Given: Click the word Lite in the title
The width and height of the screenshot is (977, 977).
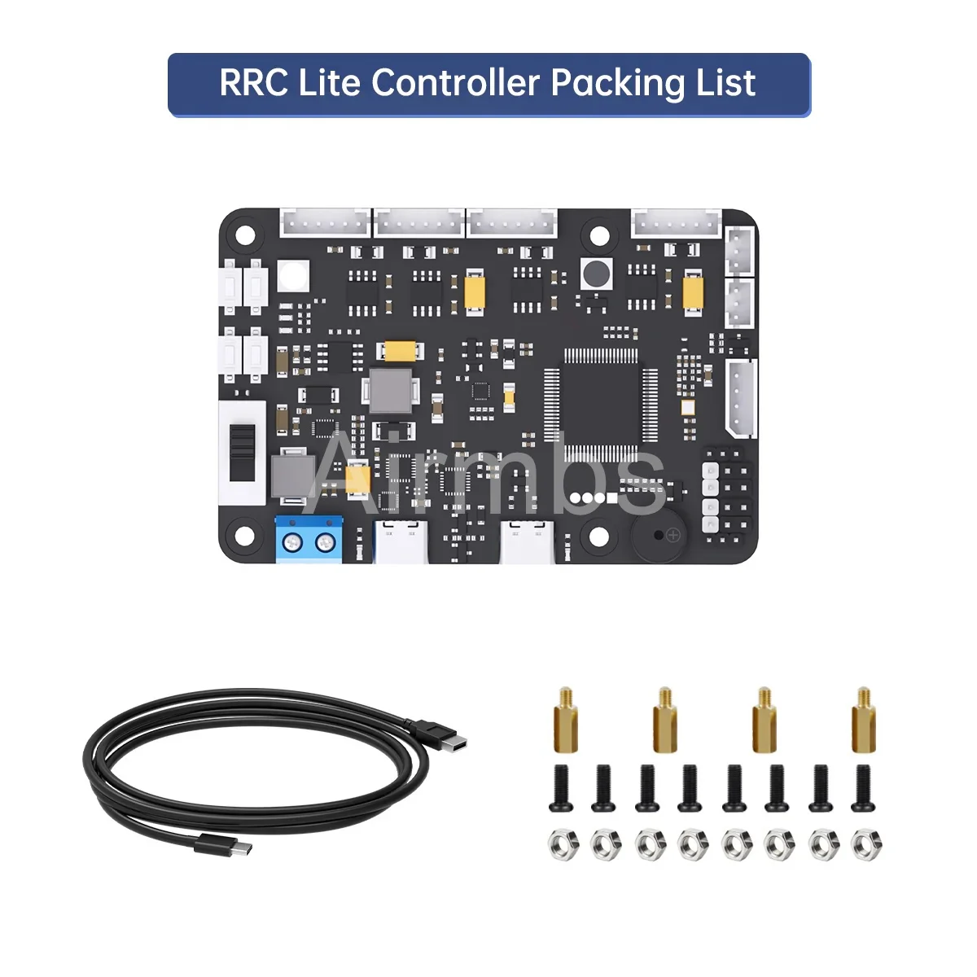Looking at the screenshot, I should tap(331, 83).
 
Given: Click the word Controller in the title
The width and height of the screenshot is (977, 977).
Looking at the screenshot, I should tap(455, 83).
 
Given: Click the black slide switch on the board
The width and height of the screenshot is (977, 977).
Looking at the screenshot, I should tap(242, 453).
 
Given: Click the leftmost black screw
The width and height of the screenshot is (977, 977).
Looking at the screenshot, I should tap(561, 788).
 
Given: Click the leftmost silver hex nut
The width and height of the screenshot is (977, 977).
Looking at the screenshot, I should tap(561, 844).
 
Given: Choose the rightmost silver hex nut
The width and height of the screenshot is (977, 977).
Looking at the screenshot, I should tap(865, 844).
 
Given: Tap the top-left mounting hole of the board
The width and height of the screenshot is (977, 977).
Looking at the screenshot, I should tap(245, 236).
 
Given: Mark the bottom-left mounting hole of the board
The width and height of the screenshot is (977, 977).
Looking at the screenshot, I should tap(245, 535).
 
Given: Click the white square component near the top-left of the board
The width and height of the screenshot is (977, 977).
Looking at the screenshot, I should tap(293, 275).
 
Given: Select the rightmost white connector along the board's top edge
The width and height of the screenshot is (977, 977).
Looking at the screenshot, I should tap(677, 223).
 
